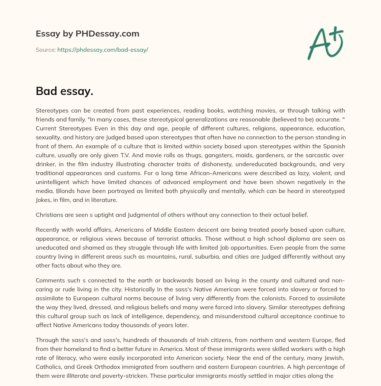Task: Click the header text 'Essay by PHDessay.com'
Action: pos(87,34)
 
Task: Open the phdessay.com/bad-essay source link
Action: pos(103,50)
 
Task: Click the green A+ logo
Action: pos(325,43)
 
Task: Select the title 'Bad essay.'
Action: pos(64,91)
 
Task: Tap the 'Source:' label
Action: pos(46,50)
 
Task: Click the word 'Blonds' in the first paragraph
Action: pos(45,191)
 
